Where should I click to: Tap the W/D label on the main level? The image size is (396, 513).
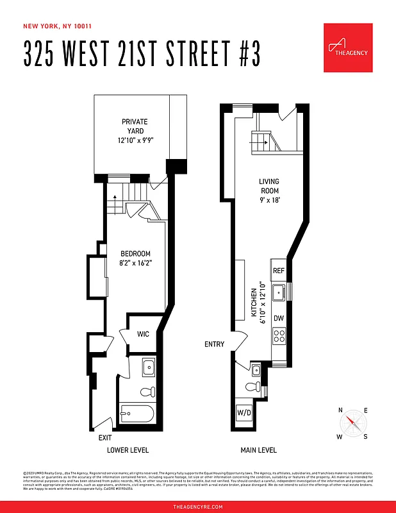(x=244, y=412)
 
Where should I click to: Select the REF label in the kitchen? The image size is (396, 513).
(x=279, y=271)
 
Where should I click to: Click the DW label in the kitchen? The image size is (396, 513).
(x=279, y=318)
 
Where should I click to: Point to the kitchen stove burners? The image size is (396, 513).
(x=279, y=335)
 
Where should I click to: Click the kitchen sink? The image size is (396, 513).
(x=279, y=294)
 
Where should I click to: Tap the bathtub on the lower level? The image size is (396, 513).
(x=136, y=413)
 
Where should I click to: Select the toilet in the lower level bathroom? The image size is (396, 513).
(x=146, y=391)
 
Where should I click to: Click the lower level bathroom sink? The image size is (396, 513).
(x=147, y=367)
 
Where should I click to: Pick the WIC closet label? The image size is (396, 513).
(x=143, y=333)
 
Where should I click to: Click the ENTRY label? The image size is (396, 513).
(x=215, y=344)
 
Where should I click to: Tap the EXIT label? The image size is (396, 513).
(x=106, y=437)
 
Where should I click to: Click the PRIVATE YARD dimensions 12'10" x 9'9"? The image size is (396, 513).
(x=135, y=140)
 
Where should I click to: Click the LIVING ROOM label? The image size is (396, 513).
(x=269, y=186)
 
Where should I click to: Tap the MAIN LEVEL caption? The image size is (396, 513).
(x=258, y=450)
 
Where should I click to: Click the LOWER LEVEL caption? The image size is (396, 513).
(x=128, y=450)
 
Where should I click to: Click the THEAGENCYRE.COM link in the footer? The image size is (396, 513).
(x=198, y=507)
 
